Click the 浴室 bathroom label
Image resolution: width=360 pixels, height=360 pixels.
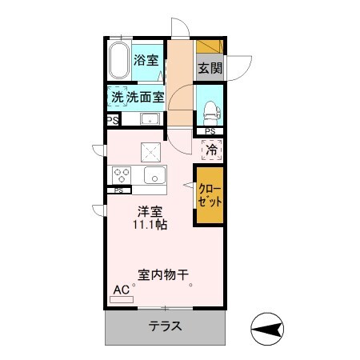coord(146,60)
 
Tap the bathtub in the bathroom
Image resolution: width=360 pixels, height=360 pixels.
coord(118,61)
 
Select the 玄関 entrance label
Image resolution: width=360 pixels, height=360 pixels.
coord(210,68)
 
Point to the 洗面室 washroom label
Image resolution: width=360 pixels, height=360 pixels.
coord(146,97)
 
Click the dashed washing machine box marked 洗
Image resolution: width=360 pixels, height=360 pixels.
coord(118,97)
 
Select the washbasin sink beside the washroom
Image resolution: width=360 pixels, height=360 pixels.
coord(150,119)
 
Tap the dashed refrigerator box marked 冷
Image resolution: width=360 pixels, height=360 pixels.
coord(212,150)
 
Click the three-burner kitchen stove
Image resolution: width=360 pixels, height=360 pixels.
coord(122,175)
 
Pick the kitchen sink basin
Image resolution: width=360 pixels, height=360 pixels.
coord(154,175)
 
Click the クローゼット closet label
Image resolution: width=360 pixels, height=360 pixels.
coord(210,195)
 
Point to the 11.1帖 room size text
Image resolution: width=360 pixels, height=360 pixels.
coord(150,225)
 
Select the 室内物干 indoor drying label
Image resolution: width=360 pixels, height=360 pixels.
coord(163,275)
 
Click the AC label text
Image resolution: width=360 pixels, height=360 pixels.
coord(122,290)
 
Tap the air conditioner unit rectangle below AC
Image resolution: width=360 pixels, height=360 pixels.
coord(122,299)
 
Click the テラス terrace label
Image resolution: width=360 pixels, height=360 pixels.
coord(166,326)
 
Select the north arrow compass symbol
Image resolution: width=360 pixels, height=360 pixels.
coord(267,329)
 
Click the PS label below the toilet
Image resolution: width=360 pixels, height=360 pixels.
coord(210,131)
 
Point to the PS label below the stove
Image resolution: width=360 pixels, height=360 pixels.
coord(118,190)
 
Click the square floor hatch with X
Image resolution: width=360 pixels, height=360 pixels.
coord(150,152)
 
